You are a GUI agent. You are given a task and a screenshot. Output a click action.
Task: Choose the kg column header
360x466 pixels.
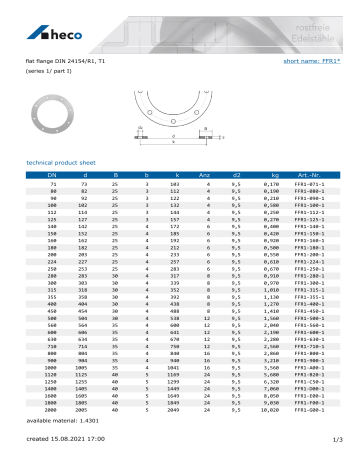point(270,175)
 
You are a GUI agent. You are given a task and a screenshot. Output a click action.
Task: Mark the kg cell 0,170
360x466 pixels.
point(270,186)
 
